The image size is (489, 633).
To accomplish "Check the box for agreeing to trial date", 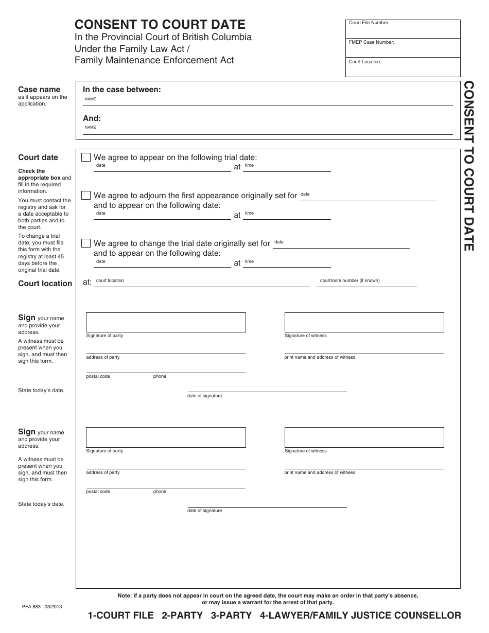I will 86,157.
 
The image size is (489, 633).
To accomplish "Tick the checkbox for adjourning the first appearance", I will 86,196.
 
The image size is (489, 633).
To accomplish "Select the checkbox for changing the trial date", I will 86,243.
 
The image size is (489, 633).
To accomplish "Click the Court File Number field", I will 403,30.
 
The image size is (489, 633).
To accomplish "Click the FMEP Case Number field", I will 403,49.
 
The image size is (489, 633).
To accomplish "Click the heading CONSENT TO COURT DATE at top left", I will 160,24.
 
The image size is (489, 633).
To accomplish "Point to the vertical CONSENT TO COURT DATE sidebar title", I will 468,166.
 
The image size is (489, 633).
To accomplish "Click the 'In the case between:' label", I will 122,90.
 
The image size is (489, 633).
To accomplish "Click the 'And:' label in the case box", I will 92,118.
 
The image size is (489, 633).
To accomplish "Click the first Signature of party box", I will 166,322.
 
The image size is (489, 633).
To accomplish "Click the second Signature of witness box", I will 364,437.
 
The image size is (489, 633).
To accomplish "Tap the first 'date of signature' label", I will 205,396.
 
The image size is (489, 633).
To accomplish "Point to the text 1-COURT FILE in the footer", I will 121,616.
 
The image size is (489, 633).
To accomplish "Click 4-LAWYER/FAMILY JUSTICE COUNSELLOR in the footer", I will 360,616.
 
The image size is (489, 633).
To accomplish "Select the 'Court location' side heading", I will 45,284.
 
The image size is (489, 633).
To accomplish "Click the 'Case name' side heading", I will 39,90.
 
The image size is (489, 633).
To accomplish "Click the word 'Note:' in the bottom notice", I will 125,595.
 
